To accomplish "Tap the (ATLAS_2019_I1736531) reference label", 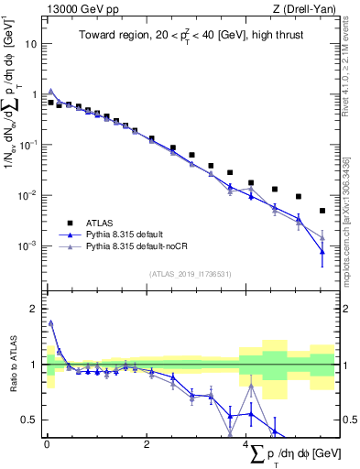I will [x=191, y=274].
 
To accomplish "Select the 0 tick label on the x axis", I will [x=47, y=445].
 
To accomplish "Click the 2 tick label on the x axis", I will [x=147, y=445].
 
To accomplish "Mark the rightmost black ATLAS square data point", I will [x=322, y=211].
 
